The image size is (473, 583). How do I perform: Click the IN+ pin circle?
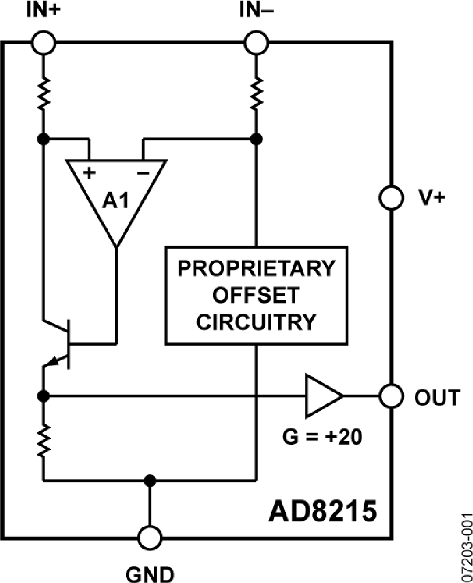point(45,42)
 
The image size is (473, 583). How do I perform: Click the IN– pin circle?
point(256,42)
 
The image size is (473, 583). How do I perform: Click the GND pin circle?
point(150,538)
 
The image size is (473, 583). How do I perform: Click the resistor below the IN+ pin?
point(45,93)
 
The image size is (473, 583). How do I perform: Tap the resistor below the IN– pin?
point(256,93)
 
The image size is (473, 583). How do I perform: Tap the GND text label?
point(150,572)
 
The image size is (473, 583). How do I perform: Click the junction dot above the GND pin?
point(150,480)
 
